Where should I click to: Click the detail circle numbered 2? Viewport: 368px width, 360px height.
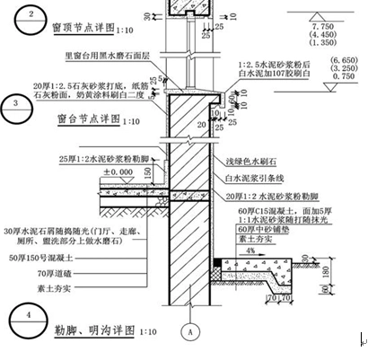tap(31, 16)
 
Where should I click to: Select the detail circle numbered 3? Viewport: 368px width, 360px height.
tap(18, 104)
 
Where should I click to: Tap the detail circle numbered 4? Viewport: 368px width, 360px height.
tap(31, 316)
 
